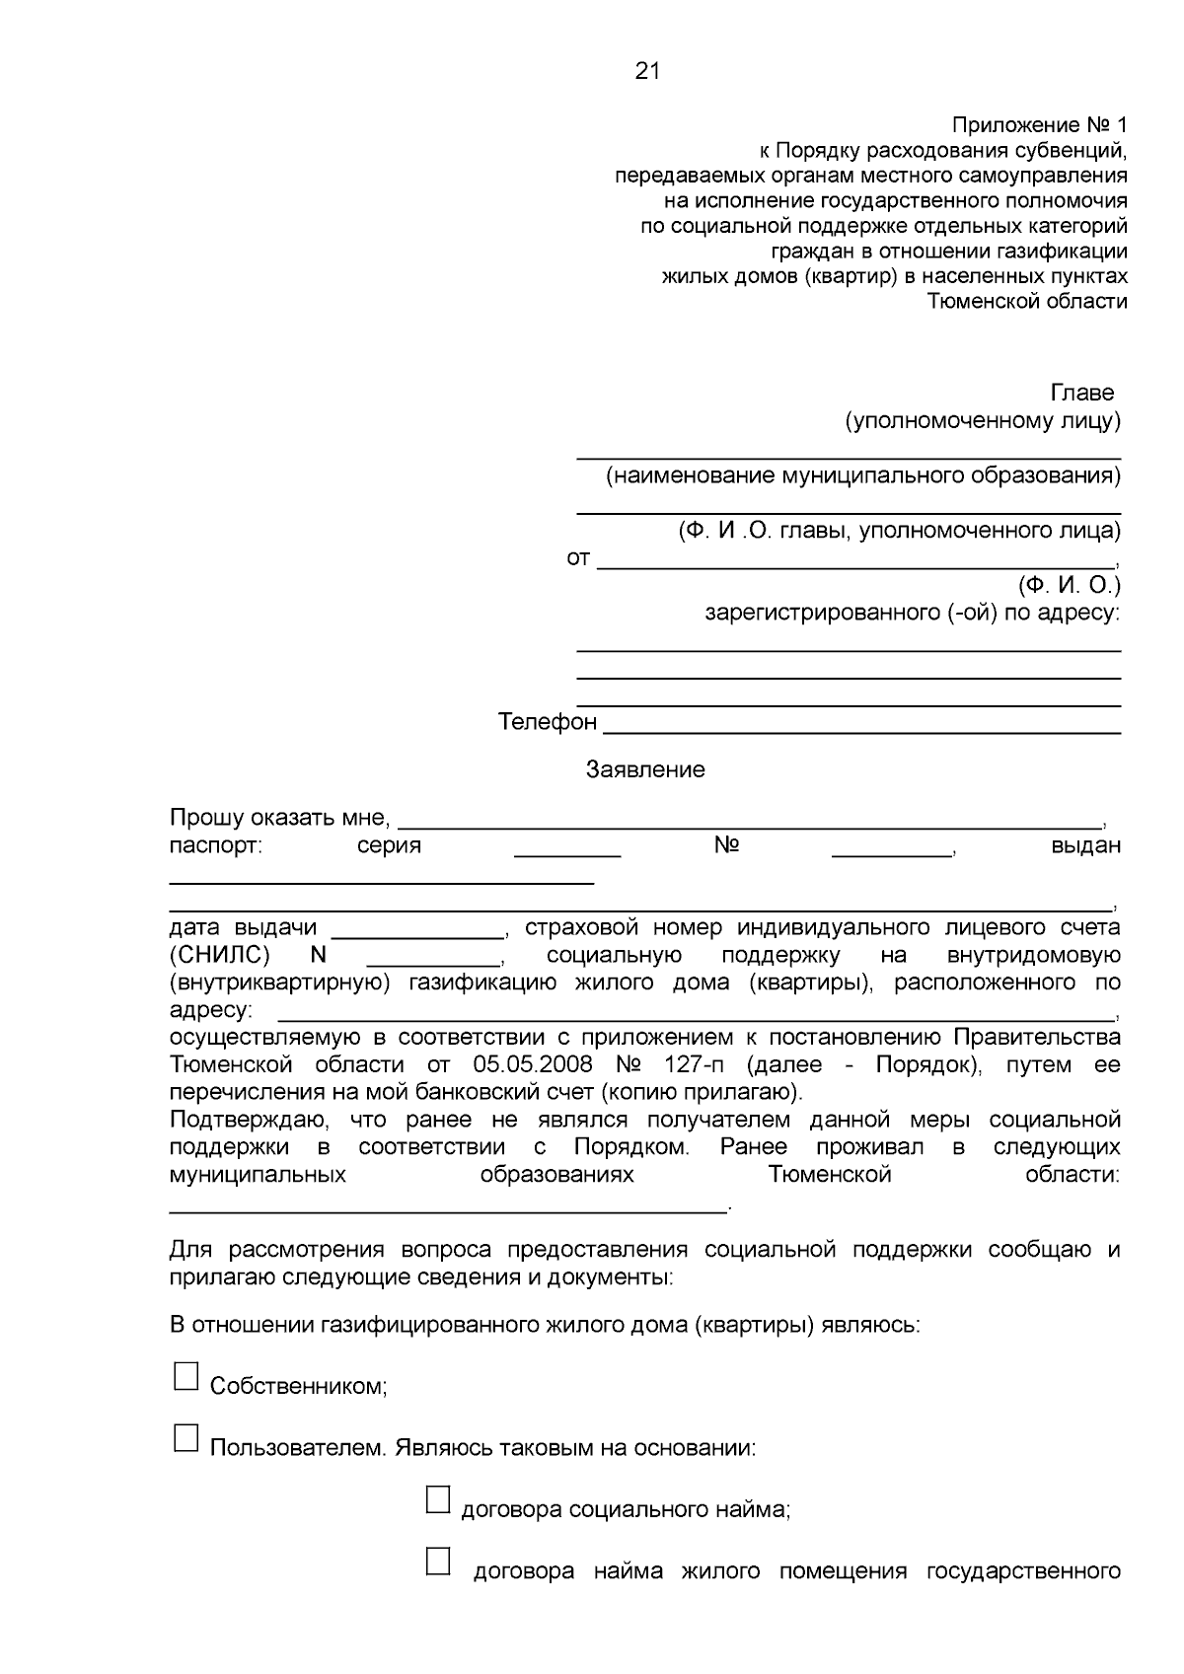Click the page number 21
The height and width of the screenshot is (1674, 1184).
[647, 71]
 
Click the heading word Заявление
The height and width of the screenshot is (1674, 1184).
[645, 769]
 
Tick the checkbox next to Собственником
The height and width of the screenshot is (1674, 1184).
[185, 1376]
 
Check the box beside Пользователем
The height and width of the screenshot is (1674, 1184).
[185, 1438]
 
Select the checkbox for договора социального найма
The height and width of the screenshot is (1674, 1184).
[438, 1499]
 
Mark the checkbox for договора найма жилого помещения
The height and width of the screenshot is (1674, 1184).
[438, 1561]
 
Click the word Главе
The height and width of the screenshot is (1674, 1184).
[1082, 393]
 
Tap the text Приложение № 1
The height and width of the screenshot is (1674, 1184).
[1038, 125]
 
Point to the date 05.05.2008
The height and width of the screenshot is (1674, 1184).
[533, 1065]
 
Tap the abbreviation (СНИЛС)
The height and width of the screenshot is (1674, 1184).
[219, 955]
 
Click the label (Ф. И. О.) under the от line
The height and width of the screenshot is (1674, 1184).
[1070, 585]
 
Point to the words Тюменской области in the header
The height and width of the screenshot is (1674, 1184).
[1027, 302]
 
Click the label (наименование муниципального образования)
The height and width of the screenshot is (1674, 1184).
[862, 476]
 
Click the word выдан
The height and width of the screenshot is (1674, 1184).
[1085, 845]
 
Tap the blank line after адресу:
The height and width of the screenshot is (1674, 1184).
[695, 1016]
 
